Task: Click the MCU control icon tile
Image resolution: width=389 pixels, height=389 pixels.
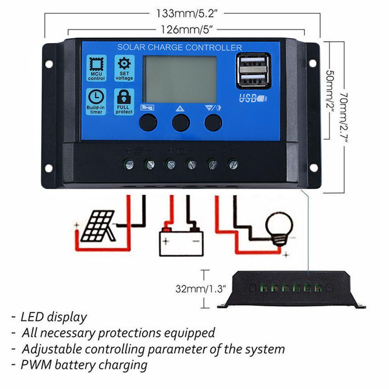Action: pyautogui.click(x=96, y=68)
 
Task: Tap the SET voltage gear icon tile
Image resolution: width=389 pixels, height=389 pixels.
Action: pyautogui.click(x=124, y=68)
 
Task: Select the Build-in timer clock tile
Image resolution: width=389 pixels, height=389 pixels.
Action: pyautogui.click(x=96, y=102)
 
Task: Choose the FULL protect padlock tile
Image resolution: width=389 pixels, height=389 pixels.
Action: pyautogui.click(x=124, y=102)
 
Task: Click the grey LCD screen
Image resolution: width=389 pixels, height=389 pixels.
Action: pyautogui.click(x=180, y=79)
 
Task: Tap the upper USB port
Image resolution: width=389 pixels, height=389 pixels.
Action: pyautogui.click(x=253, y=62)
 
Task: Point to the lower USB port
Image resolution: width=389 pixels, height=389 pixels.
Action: pyautogui.click(x=253, y=79)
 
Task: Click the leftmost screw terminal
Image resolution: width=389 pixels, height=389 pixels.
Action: pyautogui.click(x=129, y=164)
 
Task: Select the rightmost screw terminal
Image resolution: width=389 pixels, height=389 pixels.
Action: pyautogui.click(x=233, y=164)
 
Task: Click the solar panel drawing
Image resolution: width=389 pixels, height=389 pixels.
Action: pyautogui.click(x=98, y=226)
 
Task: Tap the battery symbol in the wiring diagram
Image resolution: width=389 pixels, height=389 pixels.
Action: pyautogui.click(x=181, y=242)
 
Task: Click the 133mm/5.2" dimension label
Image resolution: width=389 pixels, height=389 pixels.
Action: pyautogui.click(x=187, y=13)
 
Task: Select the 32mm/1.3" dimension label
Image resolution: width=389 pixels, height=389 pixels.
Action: pyautogui.click(x=200, y=289)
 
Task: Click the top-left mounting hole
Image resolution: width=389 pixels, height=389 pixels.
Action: pyautogui.click(x=49, y=64)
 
